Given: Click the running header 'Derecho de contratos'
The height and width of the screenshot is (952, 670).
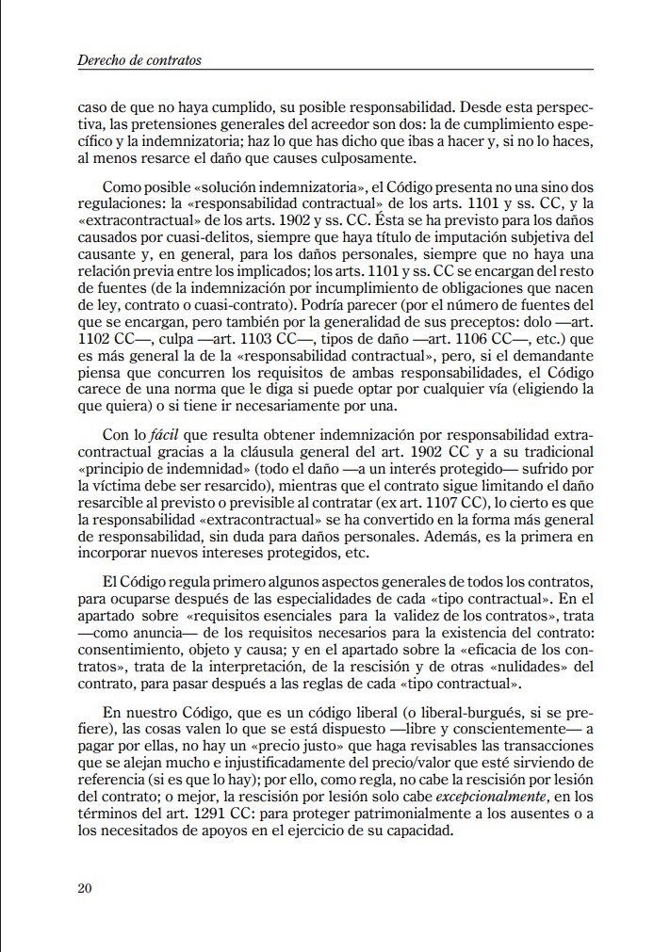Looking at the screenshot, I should point(139,61).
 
